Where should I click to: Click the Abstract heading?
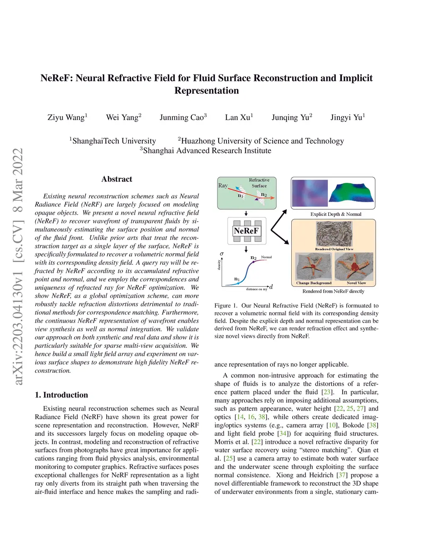click(117, 179)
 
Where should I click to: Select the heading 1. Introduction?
click(61, 395)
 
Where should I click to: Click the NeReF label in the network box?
click(246, 231)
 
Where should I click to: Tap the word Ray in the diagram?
click(223, 186)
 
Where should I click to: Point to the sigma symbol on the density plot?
click(222, 254)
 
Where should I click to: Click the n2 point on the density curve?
click(254, 258)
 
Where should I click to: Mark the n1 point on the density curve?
click(237, 279)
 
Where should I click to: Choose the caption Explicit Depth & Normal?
click(336, 214)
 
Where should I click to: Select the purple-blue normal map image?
click(309, 193)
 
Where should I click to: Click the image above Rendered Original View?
click(334, 234)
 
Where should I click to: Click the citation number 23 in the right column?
click(327, 392)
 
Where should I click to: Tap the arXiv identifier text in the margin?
click(17, 266)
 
